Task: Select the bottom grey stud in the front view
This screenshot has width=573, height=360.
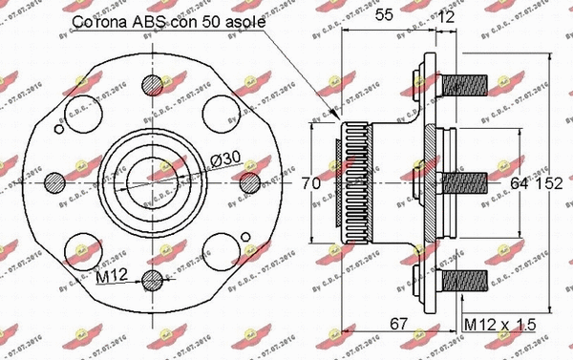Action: tap(153, 279)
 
